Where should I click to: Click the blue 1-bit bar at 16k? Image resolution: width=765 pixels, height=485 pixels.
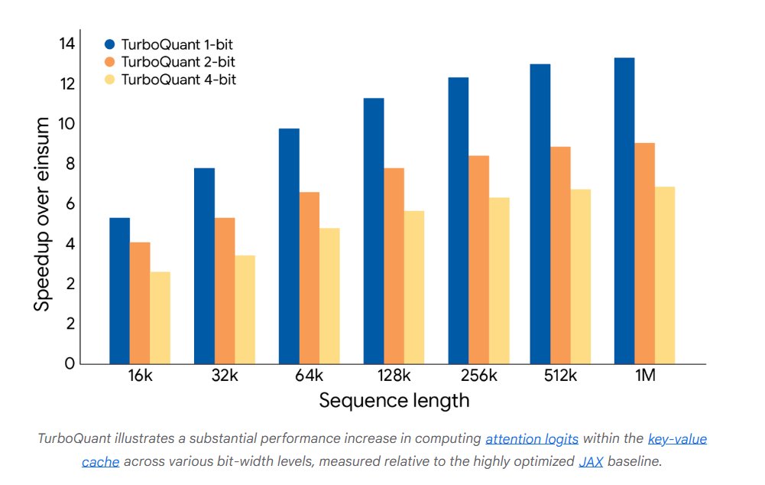[x=119, y=291]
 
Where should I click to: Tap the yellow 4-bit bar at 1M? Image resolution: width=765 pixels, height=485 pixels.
[x=665, y=275]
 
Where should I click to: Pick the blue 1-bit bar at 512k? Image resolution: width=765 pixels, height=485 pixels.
[x=540, y=214]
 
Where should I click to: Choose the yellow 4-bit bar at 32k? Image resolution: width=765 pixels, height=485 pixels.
[x=245, y=310]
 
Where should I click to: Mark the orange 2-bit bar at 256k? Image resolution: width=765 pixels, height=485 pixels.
[x=478, y=260]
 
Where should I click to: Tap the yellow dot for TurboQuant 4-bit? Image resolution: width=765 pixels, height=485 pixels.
[x=110, y=80]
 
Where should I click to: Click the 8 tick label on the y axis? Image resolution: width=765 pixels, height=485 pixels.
[x=70, y=164]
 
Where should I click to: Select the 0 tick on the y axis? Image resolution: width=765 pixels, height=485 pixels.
[x=70, y=363]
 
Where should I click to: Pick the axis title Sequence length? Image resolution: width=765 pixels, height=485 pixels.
[x=394, y=400]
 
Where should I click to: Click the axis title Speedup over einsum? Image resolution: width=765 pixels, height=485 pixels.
[x=43, y=213]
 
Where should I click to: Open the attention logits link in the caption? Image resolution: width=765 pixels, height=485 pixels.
[x=532, y=439]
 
